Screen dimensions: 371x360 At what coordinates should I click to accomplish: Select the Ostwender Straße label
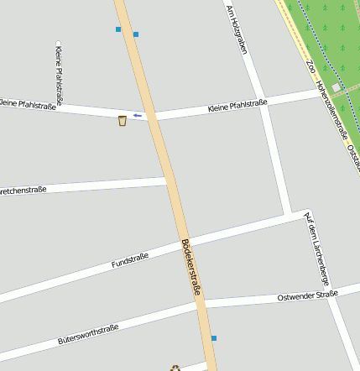click(307, 296)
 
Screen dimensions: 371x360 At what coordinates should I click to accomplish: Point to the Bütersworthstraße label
click(88, 334)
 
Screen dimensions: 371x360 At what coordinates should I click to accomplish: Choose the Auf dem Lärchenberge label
click(316, 248)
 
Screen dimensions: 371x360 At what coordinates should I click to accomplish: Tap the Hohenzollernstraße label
click(332, 109)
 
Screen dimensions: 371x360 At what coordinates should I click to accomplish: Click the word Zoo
click(310, 65)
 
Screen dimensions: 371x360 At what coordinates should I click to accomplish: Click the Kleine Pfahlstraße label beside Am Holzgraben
click(237, 106)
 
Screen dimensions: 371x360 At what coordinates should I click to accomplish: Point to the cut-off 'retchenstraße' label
click(23, 191)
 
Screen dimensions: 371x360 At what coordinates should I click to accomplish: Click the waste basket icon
click(123, 121)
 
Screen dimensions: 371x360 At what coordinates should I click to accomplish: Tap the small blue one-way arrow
click(138, 115)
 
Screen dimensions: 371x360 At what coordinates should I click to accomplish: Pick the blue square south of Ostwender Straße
click(214, 338)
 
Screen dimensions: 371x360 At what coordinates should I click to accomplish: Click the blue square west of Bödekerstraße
click(118, 29)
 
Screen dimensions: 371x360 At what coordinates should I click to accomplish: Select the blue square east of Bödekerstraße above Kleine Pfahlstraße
click(136, 34)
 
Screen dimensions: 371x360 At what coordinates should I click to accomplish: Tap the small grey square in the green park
click(336, 88)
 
